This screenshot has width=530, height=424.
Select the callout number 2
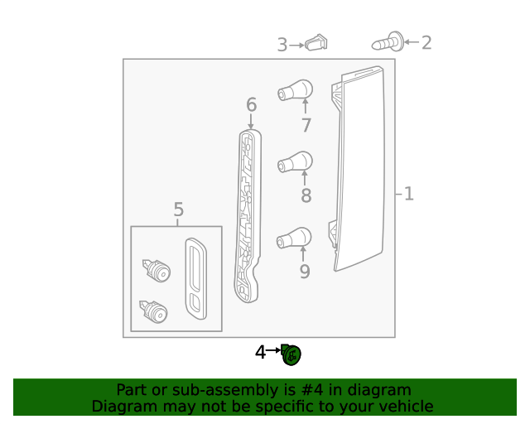[x=426, y=42]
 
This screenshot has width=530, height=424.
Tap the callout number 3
[x=282, y=44]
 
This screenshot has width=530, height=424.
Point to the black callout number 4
[x=260, y=352]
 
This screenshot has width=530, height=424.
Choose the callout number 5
[x=179, y=210]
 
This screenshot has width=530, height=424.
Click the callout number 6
[x=251, y=105]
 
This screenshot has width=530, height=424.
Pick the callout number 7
[x=306, y=125]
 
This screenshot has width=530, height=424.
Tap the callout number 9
[x=305, y=271]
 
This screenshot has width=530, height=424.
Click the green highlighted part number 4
[x=291, y=354]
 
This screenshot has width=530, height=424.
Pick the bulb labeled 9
[x=295, y=238]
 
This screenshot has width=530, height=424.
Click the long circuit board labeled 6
[x=247, y=215]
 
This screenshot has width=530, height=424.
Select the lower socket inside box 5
[x=155, y=311]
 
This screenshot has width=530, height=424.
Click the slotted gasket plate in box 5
[x=197, y=279]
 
